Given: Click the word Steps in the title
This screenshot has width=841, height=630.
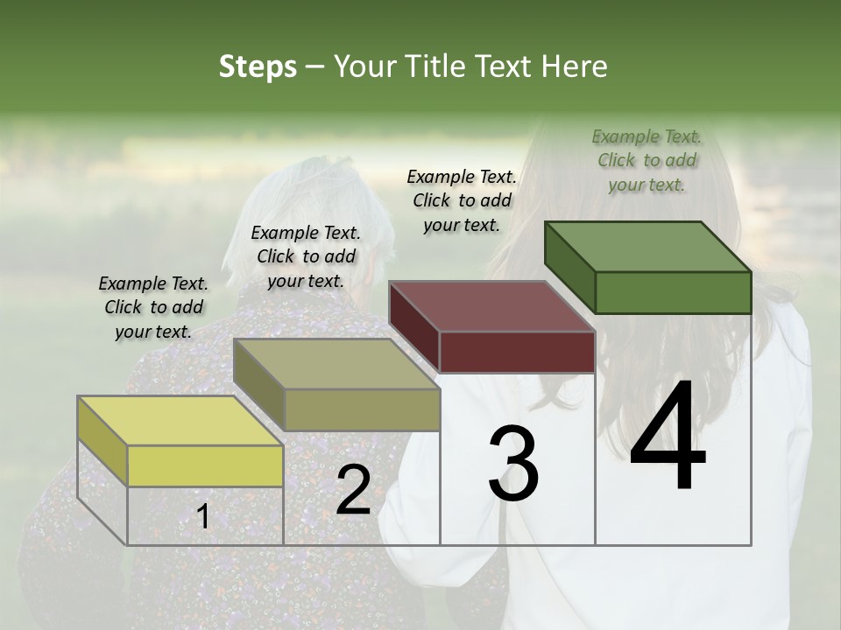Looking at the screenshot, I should (x=258, y=67).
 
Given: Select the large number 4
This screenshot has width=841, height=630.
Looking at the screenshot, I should (x=668, y=437).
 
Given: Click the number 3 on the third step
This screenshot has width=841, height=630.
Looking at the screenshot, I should (x=513, y=464).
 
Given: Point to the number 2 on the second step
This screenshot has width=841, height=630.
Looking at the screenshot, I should (x=353, y=490).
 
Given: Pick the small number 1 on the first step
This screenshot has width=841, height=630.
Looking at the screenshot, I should (x=203, y=517).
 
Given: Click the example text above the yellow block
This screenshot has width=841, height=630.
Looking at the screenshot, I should (x=153, y=307).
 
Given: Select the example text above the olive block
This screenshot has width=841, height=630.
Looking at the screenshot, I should (x=306, y=256).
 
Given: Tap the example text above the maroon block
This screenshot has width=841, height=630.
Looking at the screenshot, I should (x=462, y=200).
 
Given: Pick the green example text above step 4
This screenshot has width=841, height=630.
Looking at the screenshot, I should (x=647, y=160).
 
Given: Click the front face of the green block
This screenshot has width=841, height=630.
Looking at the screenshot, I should (x=673, y=292).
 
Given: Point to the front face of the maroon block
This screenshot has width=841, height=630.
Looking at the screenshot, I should (x=517, y=352).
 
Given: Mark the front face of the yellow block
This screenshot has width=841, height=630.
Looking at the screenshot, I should (x=205, y=465).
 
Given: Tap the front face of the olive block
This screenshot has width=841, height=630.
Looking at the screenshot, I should (x=362, y=409).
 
